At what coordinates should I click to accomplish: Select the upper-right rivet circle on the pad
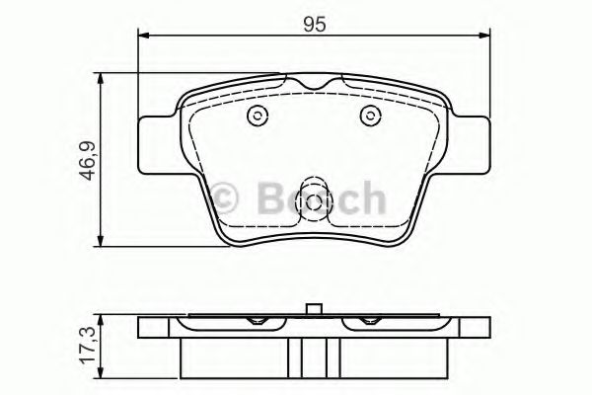370,116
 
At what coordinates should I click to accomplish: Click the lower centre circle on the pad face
315,204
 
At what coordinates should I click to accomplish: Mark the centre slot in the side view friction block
315,355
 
